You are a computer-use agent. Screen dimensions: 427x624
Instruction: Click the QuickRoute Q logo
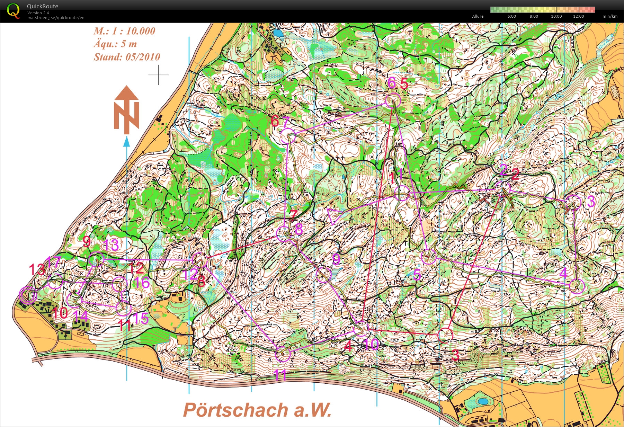pyautogui.click(x=13, y=11)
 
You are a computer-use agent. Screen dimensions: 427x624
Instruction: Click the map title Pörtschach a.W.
pyautogui.click(x=257, y=410)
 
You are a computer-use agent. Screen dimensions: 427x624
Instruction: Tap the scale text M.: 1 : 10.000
pyautogui.click(x=124, y=31)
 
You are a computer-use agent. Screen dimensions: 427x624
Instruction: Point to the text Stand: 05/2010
pyautogui.click(x=127, y=57)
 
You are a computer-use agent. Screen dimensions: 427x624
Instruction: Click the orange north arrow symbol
pyautogui.click(x=126, y=110)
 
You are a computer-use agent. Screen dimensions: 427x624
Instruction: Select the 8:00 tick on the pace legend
pyautogui.click(x=534, y=16)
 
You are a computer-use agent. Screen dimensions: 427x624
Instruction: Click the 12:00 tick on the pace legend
pyautogui.click(x=578, y=16)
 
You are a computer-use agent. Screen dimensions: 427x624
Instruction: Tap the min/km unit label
pyautogui.click(x=610, y=16)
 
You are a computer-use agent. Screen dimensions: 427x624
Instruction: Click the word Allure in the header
pyautogui.click(x=478, y=16)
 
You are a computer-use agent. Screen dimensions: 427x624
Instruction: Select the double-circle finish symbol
pyautogui.click(x=28, y=295)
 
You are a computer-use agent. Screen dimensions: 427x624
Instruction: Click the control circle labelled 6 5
pyautogui.click(x=393, y=101)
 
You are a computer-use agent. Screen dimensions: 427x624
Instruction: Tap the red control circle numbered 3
pyautogui.click(x=445, y=335)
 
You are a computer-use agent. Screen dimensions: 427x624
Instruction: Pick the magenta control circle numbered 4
pyautogui.click(x=577, y=286)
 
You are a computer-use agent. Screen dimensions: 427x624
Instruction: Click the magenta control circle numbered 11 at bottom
pyautogui.click(x=283, y=354)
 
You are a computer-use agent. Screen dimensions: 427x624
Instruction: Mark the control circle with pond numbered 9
pyautogui.click(x=324, y=275)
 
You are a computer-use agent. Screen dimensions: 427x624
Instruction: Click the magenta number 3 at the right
pyautogui.click(x=591, y=201)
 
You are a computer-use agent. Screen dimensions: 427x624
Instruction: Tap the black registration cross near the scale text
pyautogui.click(x=158, y=74)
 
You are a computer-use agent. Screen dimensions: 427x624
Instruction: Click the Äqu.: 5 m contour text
pyautogui.click(x=115, y=44)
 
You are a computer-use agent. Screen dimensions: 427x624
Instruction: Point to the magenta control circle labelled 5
pyautogui.click(x=429, y=257)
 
